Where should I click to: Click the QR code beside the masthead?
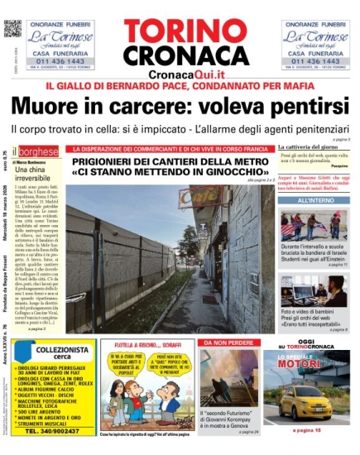11,27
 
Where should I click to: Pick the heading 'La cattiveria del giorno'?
310,146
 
